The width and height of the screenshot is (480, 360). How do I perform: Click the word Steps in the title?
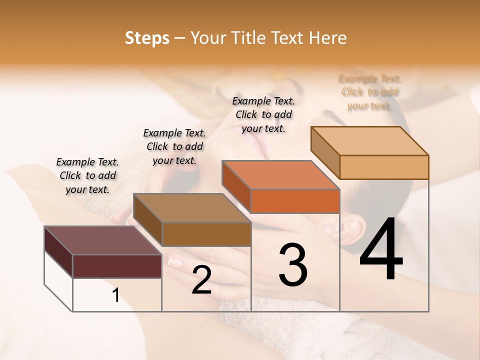(147, 38)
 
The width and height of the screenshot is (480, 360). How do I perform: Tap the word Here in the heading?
(328, 38)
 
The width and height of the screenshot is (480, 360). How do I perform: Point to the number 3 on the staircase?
(292, 265)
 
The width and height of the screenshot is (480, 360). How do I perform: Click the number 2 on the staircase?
(201, 280)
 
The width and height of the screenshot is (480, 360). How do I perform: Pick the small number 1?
(116, 295)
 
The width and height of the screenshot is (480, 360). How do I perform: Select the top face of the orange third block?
(280, 175)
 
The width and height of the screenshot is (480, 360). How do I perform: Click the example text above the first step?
(87, 175)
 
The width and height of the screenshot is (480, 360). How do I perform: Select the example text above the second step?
(174, 146)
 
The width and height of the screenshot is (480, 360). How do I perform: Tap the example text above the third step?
(263, 114)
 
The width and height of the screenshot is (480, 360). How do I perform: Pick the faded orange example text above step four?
(369, 92)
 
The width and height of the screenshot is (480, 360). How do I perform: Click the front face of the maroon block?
(117, 266)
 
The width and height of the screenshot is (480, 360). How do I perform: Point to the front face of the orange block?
(295, 201)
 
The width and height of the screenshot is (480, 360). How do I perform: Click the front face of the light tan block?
(384, 167)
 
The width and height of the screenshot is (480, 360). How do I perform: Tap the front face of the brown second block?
(206, 234)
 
